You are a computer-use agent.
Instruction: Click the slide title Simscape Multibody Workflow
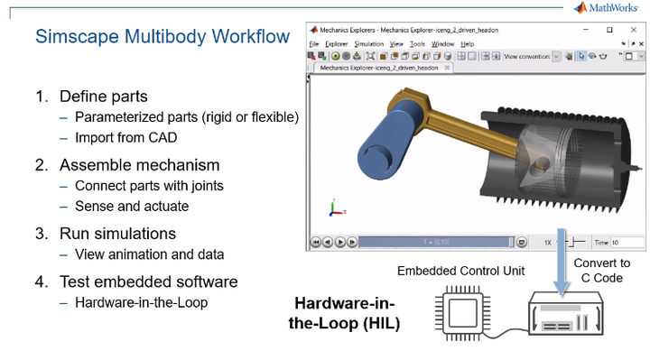coord(162,37)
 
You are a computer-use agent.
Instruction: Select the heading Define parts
coord(103,97)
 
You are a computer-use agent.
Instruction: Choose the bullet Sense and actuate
coord(132,206)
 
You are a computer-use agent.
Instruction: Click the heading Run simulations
coord(116,233)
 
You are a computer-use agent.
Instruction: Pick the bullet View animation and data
coord(149,254)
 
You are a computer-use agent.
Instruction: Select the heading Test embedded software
coord(148,281)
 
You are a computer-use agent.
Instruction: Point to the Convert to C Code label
coord(601,270)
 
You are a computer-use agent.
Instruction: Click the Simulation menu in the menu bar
coord(368,43)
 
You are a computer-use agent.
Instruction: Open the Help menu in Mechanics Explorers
coord(467,43)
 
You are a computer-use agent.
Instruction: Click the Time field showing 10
coord(626,242)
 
